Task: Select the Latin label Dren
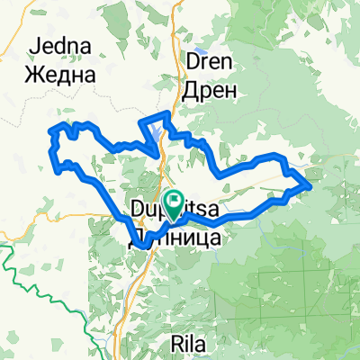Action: coord(210,63)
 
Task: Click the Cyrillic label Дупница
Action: coord(169,238)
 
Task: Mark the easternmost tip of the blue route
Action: coord(310,185)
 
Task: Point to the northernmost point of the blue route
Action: coord(166,117)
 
